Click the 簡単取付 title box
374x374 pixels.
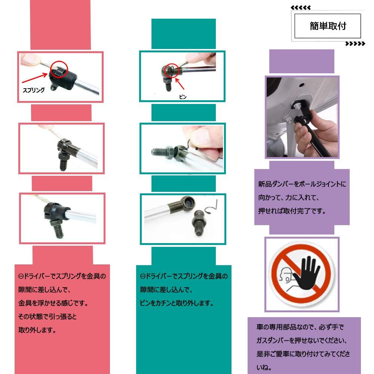328,26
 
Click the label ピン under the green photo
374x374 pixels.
183,96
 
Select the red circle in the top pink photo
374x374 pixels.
59,69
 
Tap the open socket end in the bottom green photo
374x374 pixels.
186,203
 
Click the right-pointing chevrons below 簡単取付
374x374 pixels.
355,44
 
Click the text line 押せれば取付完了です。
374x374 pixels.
292,211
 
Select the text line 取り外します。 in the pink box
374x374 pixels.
37,330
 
